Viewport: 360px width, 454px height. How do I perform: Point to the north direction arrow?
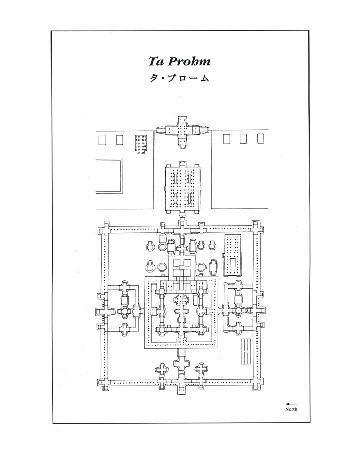[x=291, y=403]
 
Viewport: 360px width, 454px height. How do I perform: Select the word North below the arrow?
[x=291, y=409]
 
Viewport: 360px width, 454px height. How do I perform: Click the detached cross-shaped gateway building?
[x=181, y=130]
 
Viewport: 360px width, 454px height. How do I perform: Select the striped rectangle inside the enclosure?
[x=246, y=352]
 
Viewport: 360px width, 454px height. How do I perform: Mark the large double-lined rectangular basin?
[x=110, y=176]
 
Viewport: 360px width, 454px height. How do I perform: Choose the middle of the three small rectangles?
[x=243, y=139]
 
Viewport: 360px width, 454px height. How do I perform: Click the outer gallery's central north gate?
[x=104, y=308]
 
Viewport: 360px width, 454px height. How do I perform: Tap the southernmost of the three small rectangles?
[x=260, y=139]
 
